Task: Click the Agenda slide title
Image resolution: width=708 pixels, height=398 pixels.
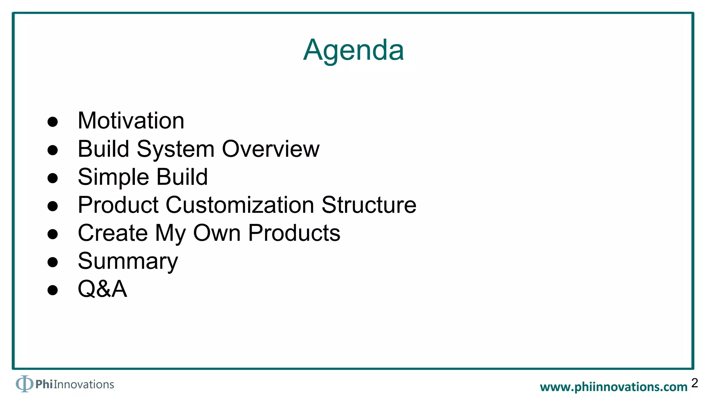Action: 353,50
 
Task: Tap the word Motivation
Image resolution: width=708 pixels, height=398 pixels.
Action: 131,121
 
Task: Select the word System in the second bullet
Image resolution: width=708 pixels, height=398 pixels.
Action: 176,149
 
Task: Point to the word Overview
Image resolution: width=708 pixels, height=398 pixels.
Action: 271,149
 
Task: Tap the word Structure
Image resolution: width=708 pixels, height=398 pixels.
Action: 369,205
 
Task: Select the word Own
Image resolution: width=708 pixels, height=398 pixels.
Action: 217,233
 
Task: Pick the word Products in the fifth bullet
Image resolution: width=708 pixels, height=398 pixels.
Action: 294,233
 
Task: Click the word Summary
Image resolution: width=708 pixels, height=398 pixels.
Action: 128,262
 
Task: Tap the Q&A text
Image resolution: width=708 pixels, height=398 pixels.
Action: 102,289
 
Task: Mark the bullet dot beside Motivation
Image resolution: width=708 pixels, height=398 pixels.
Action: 53,122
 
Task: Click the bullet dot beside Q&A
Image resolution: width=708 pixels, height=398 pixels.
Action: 53,290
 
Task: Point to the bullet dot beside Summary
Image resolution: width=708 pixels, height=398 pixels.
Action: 53,262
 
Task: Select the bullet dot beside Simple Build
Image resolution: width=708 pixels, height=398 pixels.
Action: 53,178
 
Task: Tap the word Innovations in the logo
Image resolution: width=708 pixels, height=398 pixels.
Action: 84,385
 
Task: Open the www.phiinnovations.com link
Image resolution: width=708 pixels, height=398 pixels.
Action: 614,387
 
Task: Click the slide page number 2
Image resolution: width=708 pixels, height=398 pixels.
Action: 695,383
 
